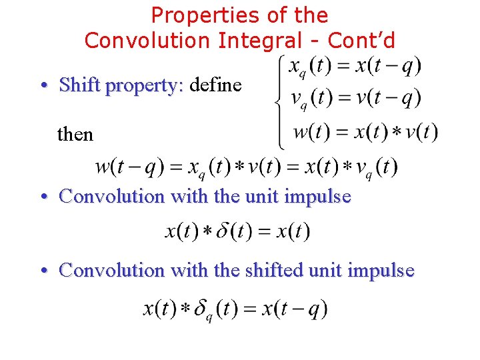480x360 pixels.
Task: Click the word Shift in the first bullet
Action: tap(81, 85)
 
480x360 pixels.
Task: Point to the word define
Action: tap(215, 85)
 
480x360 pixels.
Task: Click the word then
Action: tap(75, 134)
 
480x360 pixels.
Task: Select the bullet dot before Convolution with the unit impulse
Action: tap(43, 197)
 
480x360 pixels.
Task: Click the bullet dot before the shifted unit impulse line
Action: tap(43, 271)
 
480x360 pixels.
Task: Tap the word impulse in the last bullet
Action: tap(382, 270)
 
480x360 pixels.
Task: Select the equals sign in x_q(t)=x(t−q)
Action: tap(345, 67)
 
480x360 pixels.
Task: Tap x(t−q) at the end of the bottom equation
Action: tap(295, 309)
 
